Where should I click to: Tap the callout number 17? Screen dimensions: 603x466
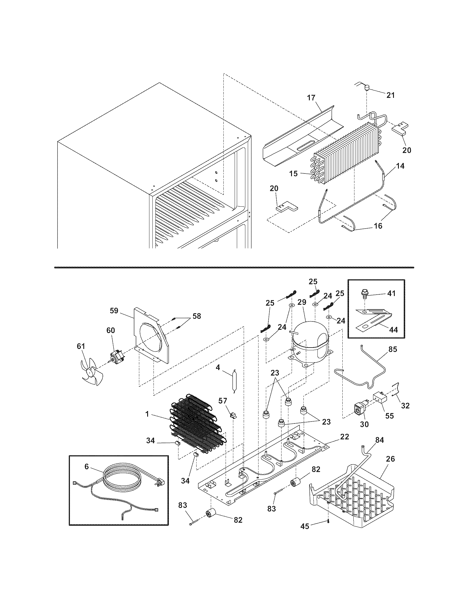tap(311, 98)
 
